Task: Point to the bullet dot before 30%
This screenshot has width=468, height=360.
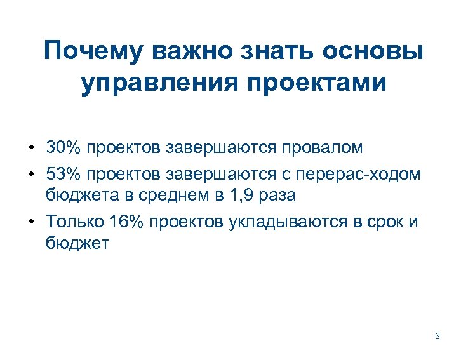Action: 31,149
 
